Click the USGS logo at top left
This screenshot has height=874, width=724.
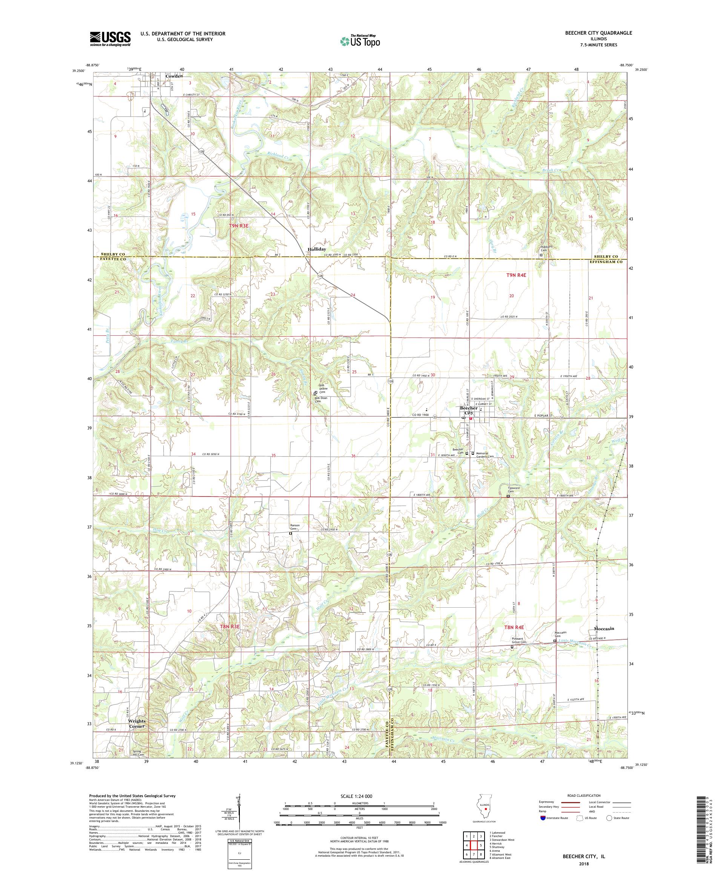(110, 39)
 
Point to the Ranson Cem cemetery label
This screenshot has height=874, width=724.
(295, 527)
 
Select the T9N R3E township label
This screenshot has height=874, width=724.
(239, 226)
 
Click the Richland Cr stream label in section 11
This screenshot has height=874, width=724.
(278, 156)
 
